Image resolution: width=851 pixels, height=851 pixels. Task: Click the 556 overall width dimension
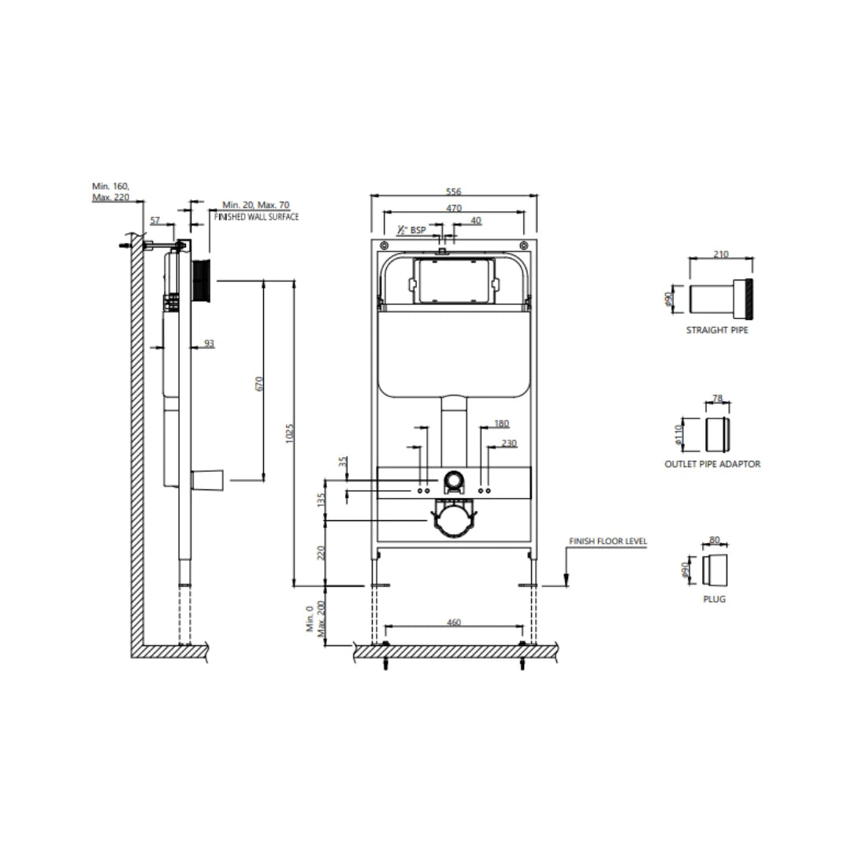pyautogui.click(x=453, y=191)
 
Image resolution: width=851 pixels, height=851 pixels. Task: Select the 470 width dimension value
pyautogui.click(x=453, y=208)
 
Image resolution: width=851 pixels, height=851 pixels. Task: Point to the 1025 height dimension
pyautogui.click(x=288, y=432)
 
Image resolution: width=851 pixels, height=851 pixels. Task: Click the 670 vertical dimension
pyautogui.click(x=258, y=384)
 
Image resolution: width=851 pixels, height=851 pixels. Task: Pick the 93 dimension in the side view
pyautogui.click(x=208, y=343)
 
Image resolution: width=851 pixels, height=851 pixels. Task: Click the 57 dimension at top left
pyautogui.click(x=154, y=221)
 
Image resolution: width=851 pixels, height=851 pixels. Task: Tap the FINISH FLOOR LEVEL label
pyautogui.click(x=608, y=542)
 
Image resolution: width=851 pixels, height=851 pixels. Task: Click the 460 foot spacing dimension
pyautogui.click(x=453, y=622)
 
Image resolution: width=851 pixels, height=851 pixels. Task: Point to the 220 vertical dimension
pyautogui.click(x=320, y=553)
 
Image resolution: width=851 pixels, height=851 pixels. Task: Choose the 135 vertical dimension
pyautogui.click(x=320, y=501)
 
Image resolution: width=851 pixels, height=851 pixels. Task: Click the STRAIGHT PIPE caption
pyautogui.click(x=717, y=330)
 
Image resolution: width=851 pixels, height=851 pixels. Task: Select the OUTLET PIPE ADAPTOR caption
pyautogui.click(x=712, y=464)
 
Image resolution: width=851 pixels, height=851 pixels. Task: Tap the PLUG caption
pyautogui.click(x=714, y=599)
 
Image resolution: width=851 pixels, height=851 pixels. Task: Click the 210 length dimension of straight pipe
pyautogui.click(x=721, y=254)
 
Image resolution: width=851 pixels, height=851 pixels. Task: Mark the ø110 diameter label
pyautogui.click(x=682, y=433)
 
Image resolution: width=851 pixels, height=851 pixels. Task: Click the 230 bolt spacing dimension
pyautogui.click(x=508, y=443)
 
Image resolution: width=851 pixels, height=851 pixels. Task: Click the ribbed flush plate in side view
pyautogui.click(x=202, y=279)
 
